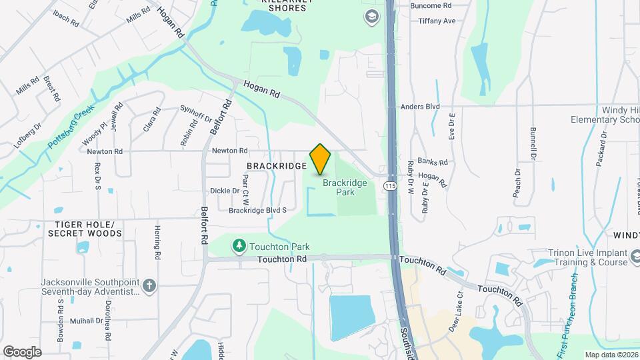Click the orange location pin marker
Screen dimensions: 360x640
coord(321,159)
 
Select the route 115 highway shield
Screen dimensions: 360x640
coord(391,186)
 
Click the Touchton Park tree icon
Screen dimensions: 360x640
coord(239,246)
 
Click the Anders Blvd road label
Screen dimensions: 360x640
coord(420,106)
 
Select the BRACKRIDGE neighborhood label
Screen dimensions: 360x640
coord(277,165)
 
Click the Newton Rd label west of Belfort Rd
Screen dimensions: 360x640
coord(105,151)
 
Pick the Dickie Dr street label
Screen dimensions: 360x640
coord(224,191)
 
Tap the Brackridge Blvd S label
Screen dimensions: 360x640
coord(257,210)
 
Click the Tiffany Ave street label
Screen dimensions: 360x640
coord(437,21)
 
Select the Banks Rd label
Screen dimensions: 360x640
coord(433,162)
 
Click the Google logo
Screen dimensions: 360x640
coord(22,351)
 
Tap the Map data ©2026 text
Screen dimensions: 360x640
coord(610,355)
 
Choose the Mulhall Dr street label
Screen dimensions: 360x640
coord(86,321)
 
